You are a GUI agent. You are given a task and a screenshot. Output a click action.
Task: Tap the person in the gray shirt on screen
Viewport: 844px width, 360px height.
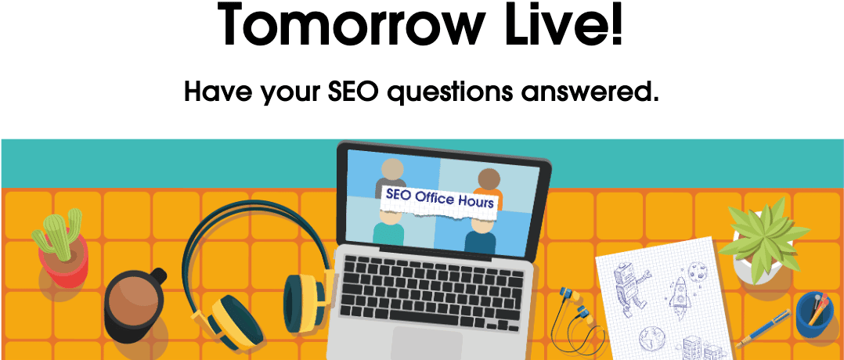pos(391,175)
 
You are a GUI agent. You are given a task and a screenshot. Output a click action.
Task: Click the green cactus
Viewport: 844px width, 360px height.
pos(56,234)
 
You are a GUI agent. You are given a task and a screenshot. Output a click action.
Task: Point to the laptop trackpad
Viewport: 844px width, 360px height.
pos(427,344)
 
